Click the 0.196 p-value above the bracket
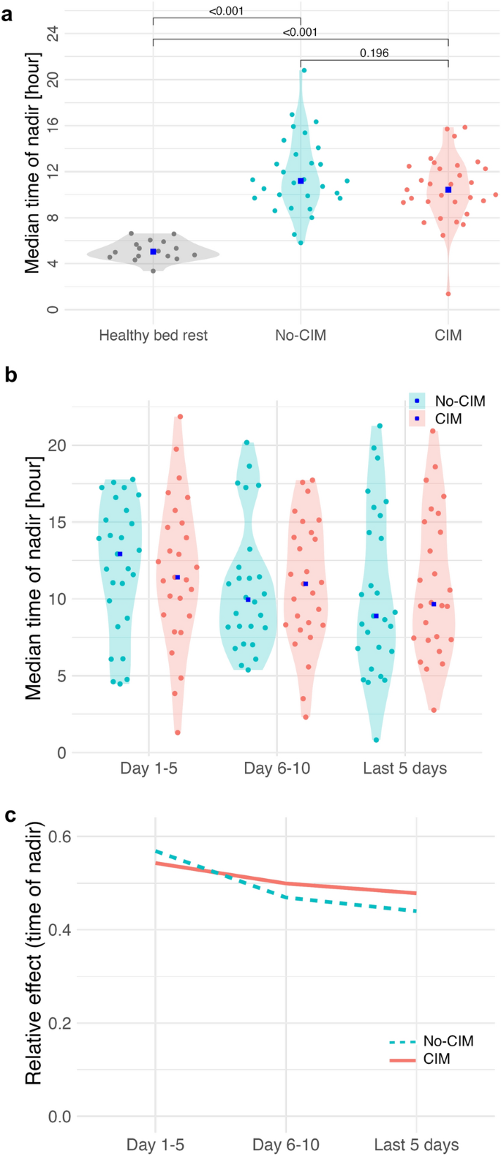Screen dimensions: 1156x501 pyautogui.click(x=374, y=53)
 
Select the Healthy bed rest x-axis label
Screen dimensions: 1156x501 pyautogui.click(x=153, y=336)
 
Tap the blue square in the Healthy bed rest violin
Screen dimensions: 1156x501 pyautogui.click(x=153, y=252)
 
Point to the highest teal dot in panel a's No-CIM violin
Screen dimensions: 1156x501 pyautogui.click(x=304, y=71)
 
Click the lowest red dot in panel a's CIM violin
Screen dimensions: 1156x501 pyautogui.click(x=448, y=294)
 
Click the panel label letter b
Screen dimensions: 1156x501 pyautogui.click(x=11, y=375)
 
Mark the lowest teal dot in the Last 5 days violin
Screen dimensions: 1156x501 pyautogui.click(x=376, y=740)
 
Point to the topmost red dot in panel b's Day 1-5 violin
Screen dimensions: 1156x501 pyautogui.click(x=180, y=417)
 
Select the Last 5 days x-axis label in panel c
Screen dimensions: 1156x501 pyautogui.click(x=416, y=1144)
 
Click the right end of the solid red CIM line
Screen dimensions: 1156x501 pyautogui.click(x=416, y=893)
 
